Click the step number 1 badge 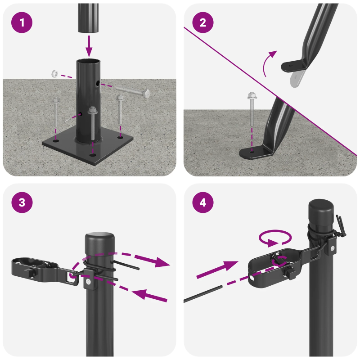coord(22,23)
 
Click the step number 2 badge coord(203,23)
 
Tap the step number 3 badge coord(22,203)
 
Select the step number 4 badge coord(203,203)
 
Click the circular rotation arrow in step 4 coord(275,238)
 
